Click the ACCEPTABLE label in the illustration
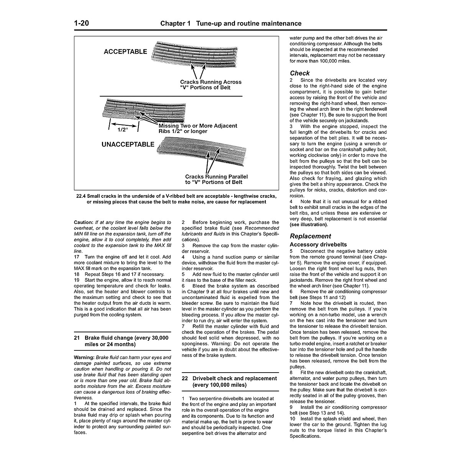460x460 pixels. tap(125, 52)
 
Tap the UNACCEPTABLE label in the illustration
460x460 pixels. tap(128, 145)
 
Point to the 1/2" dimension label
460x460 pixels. tap(122, 130)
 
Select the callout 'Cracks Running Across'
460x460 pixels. tap(210, 82)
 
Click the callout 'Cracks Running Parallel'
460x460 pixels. tap(216, 177)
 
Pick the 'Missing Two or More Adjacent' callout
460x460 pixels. tap(198, 126)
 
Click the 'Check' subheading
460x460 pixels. tap(300, 73)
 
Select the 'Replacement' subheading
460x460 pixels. tap(310, 236)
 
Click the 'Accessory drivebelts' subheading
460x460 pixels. tap(318, 245)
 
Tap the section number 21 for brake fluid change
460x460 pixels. tap(77, 338)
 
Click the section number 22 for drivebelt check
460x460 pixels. tap(185, 378)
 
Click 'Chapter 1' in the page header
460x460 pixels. tap(175, 23)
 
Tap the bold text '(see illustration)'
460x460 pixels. tap(309, 225)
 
